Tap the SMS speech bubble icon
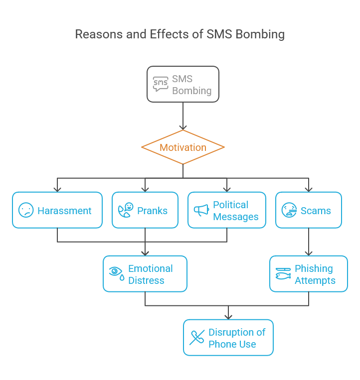[x=161, y=84]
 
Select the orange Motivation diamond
[x=182, y=147]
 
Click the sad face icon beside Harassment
[x=26, y=210]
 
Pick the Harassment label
[x=64, y=211]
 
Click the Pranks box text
[x=153, y=211]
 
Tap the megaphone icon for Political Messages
[x=201, y=210]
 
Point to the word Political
[x=230, y=205]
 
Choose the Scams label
[x=316, y=211]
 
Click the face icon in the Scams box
[x=289, y=210]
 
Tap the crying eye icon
[x=116, y=273]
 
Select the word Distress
[x=146, y=280]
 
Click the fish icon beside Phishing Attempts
[x=283, y=274]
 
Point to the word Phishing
[x=314, y=268]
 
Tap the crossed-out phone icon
[x=196, y=338]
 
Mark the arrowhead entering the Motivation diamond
[x=183, y=127]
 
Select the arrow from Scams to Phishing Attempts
[x=309, y=242]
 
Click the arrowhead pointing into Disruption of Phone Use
[x=228, y=316]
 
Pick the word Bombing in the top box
[x=192, y=91]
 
